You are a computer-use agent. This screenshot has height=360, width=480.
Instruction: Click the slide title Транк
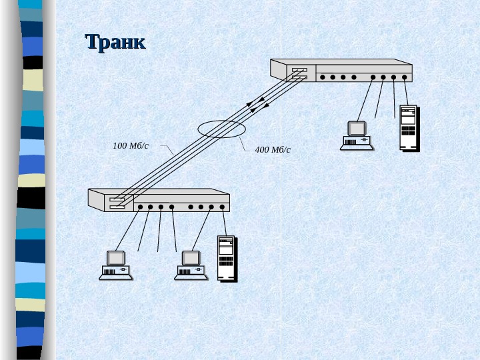[x=115, y=43]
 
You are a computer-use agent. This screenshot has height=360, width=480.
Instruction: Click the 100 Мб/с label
[x=131, y=145]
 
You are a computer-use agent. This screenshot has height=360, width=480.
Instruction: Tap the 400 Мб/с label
[x=273, y=149]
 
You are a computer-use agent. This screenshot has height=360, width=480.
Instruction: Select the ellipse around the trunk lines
[x=222, y=129]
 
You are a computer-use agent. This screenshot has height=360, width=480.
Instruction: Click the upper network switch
[x=341, y=70]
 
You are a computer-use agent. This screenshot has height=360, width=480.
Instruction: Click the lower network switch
[x=159, y=199]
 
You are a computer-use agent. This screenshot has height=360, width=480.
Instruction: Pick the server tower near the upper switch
[x=408, y=127]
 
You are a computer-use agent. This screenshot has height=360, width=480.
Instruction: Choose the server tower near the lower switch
[x=227, y=259]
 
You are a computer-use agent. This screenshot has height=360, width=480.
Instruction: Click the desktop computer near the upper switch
[x=357, y=135]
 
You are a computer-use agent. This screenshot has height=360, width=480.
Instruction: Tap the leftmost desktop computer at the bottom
[x=116, y=265]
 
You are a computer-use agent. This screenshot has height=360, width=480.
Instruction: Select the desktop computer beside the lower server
[x=191, y=265]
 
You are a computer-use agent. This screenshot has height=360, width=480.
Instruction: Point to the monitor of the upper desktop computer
[x=357, y=128]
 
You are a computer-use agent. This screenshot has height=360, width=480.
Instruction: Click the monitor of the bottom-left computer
[x=116, y=257]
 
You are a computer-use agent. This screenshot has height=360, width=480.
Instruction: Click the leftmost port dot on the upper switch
[x=322, y=77]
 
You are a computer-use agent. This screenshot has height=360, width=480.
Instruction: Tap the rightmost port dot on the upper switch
[x=404, y=77]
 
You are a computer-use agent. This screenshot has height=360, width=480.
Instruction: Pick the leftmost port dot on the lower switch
[x=140, y=207]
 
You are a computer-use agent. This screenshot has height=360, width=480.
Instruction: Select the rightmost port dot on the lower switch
[x=222, y=207]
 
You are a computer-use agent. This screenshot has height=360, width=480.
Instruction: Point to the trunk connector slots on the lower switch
[x=117, y=203]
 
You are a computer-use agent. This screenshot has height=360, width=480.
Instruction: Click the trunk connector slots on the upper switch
[x=299, y=73]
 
